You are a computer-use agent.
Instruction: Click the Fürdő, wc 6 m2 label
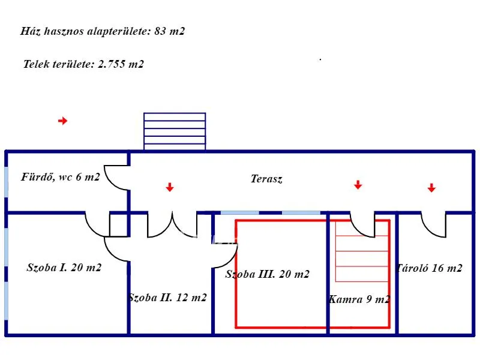click(61, 177)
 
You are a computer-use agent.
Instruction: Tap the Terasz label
click(266, 179)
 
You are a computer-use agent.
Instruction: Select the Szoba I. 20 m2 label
click(64, 268)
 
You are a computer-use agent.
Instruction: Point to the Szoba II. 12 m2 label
click(168, 298)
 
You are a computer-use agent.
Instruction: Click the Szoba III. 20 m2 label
click(267, 274)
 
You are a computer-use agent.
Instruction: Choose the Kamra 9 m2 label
click(359, 299)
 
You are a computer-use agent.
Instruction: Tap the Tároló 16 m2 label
click(429, 268)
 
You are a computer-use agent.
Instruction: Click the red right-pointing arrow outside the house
click(63, 121)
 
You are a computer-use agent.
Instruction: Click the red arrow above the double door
click(170, 187)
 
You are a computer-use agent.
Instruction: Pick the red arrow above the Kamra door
click(358, 185)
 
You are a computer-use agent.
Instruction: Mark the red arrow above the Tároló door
click(431, 188)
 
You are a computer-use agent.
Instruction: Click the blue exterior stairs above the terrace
click(175, 131)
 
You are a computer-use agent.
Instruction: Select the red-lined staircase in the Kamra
click(362, 251)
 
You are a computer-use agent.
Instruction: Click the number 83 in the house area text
click(160, 31)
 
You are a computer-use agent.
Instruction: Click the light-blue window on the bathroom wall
click(7, 182)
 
